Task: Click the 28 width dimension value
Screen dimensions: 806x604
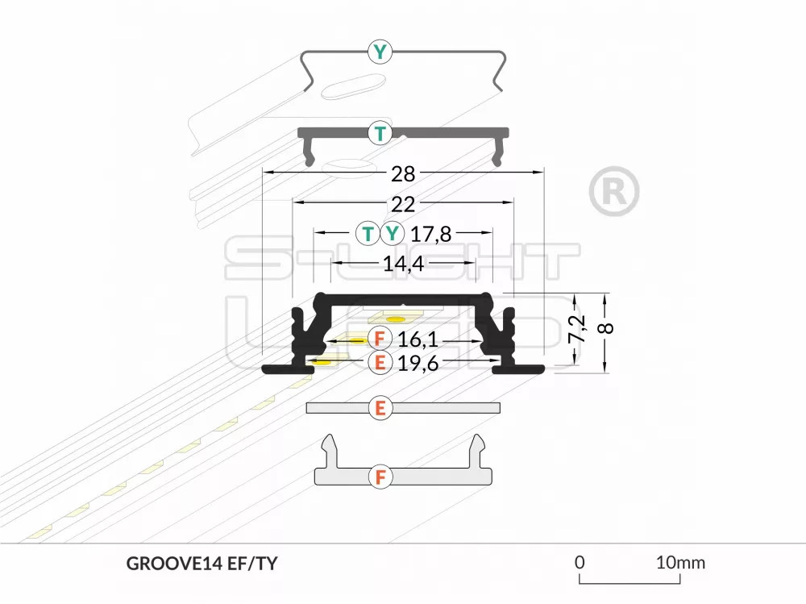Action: click(403, 174)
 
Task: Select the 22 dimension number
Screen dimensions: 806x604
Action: click(403, 204)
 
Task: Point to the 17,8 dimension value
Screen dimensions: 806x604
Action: click(430, 234)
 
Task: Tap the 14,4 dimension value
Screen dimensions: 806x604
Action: click(404, 264)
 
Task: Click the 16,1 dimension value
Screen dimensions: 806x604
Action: click(418, 339)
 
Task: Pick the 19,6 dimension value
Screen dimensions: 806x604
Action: click(418, 363)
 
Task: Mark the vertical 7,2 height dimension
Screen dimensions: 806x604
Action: click(577, 329)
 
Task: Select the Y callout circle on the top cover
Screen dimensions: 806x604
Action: click(380, 52)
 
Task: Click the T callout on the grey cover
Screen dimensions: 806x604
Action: click(380, 133)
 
